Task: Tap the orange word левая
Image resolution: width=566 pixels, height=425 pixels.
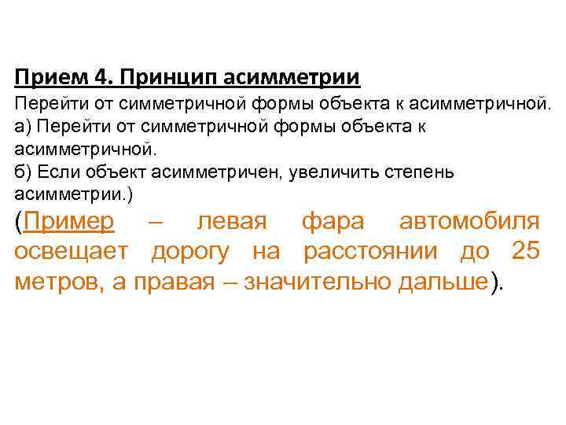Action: coord(233,222)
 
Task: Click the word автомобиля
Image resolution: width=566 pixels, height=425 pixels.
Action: coord(469,222)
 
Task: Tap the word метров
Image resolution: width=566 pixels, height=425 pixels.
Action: coord(57,282)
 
